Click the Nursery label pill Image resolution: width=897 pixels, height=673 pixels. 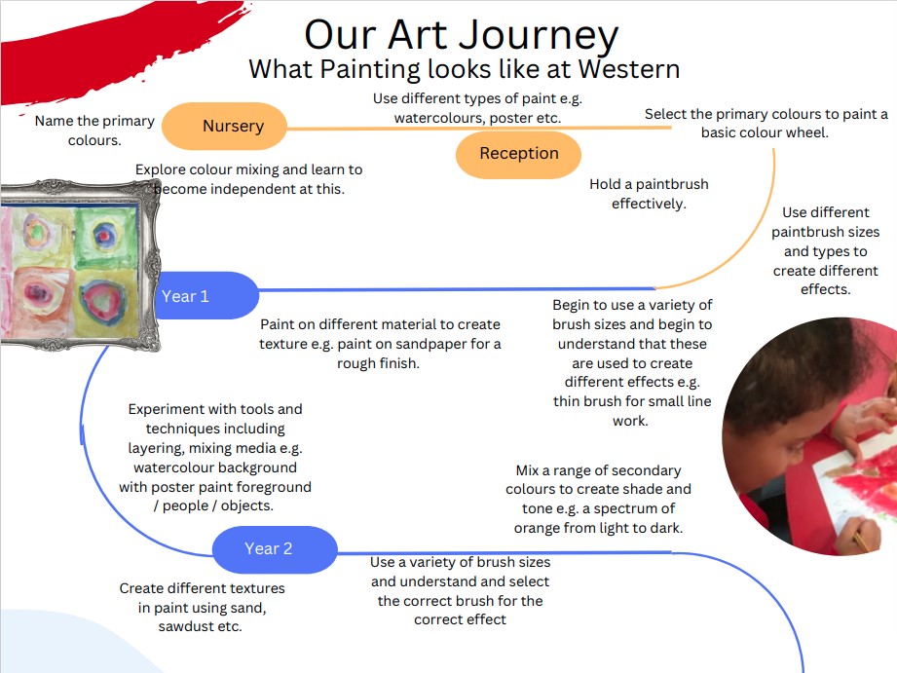(224, 126)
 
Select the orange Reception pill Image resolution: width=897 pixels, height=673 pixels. (518, 155)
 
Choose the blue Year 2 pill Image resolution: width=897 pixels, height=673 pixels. (275, 549)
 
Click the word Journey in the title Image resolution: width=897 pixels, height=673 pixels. (539, 36)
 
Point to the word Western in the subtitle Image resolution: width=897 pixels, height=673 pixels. (629, 69)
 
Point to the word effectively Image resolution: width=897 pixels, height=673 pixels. (649, 204)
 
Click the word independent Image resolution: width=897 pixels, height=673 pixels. (253, 189)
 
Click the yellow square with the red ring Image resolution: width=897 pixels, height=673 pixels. (105, 302)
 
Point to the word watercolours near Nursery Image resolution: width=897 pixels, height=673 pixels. (434, 118)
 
